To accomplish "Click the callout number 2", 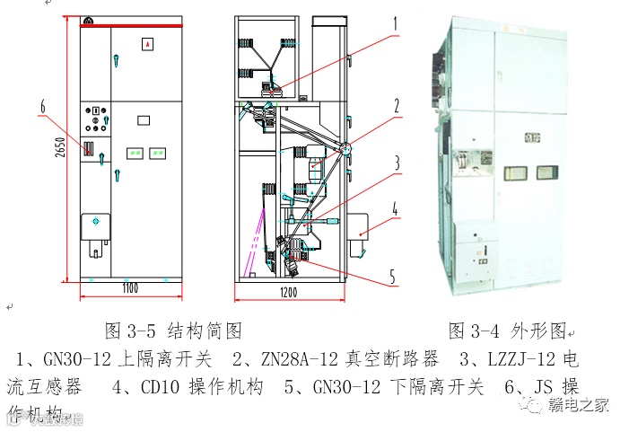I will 396,104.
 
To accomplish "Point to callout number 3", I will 396,163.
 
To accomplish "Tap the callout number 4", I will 396,213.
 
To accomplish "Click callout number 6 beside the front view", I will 41,108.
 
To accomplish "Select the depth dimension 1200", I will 289,293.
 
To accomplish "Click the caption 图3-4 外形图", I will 508,331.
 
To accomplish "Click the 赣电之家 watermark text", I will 580,404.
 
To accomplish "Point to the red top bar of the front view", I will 130,25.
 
